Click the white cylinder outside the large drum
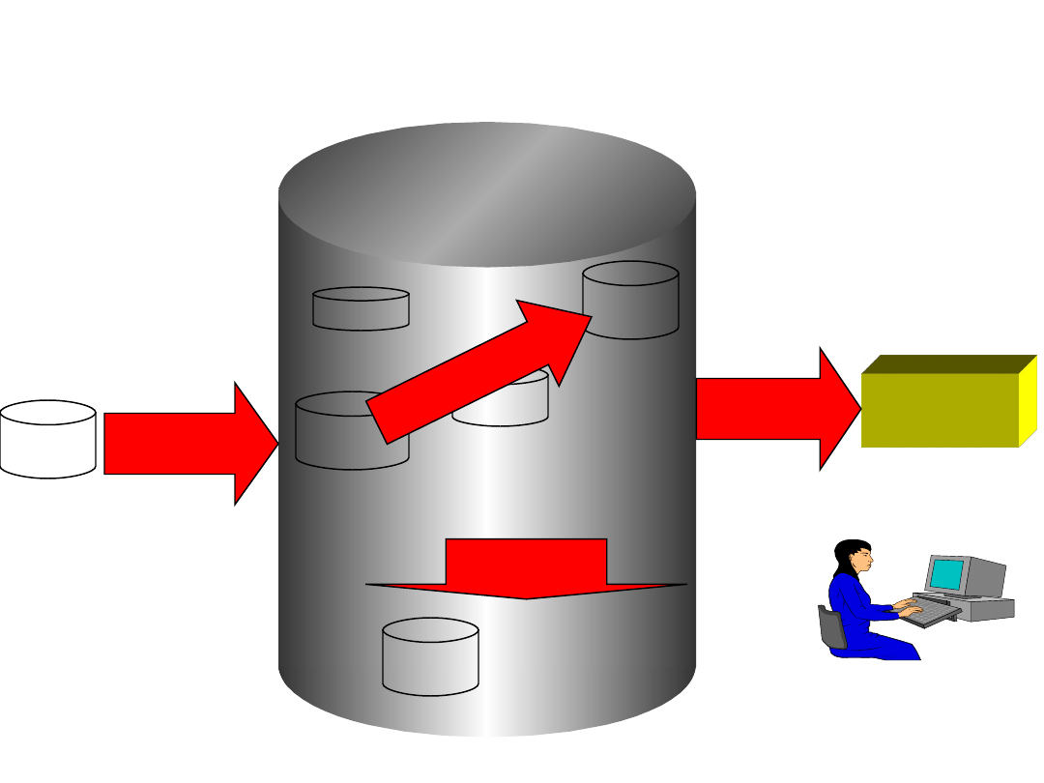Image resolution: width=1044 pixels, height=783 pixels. point(47,440)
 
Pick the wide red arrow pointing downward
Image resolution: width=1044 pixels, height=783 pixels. point(526,570)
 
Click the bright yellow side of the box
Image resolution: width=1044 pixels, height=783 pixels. point(1028,401)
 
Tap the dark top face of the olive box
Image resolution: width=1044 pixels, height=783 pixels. point(947,363)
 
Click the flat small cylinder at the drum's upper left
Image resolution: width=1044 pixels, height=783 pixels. point(361,309)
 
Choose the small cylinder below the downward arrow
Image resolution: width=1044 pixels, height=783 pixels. point(430,657)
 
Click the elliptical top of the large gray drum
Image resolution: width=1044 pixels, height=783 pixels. point(486,193)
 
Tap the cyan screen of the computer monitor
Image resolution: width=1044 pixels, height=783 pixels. point(947,575)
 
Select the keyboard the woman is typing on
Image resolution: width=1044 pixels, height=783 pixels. point(930,612)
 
